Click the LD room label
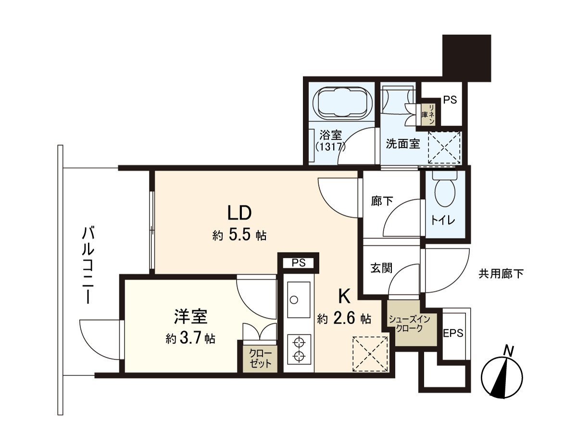coord(239,212)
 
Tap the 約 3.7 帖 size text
coord(190,339)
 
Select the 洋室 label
coord(190,317)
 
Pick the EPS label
coord(453,333)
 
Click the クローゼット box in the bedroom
coord(260,357)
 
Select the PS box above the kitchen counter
coord(299,263)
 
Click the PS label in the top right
coord(450,100)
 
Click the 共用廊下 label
coord(501,274)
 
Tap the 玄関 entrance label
coord(381,267)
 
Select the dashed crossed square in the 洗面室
coord(444,148)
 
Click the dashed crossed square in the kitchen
coord(370,354)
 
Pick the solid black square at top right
coord(466,57)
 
